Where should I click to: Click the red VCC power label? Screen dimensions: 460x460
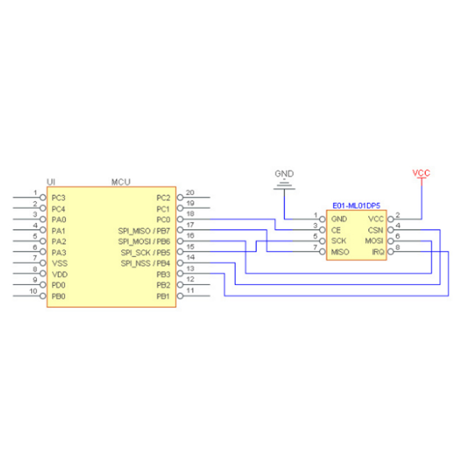point(421,173)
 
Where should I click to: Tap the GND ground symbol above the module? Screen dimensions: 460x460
point(284,185)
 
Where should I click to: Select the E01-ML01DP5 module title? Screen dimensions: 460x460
point(356,206)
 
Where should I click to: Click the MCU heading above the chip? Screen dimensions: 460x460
point(121,182)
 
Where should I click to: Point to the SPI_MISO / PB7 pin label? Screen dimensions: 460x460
point(144,231)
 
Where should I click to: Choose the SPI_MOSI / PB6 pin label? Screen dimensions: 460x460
point(144,241)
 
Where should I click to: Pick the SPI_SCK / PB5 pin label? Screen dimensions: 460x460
point(145,252)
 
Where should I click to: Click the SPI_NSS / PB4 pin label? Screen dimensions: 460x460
point(145,263)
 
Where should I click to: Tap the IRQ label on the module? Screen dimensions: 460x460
point(378,252)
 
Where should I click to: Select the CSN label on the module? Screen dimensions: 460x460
point(375,230)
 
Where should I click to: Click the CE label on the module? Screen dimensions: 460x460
point(336,230)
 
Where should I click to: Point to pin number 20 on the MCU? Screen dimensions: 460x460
point(190,193)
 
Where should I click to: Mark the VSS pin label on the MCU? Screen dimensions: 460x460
point(60,263)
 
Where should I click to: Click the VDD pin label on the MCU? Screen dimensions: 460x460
point(60,274)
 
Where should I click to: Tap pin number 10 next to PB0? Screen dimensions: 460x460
point(33,291)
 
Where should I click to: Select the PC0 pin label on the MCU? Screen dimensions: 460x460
point(163,220)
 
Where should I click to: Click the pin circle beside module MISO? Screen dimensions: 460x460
point(323,252)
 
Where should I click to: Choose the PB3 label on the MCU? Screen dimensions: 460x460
point(163,274)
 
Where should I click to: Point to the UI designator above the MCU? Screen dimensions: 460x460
point(51,182)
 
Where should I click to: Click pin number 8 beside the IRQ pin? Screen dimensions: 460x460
point(397,247)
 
